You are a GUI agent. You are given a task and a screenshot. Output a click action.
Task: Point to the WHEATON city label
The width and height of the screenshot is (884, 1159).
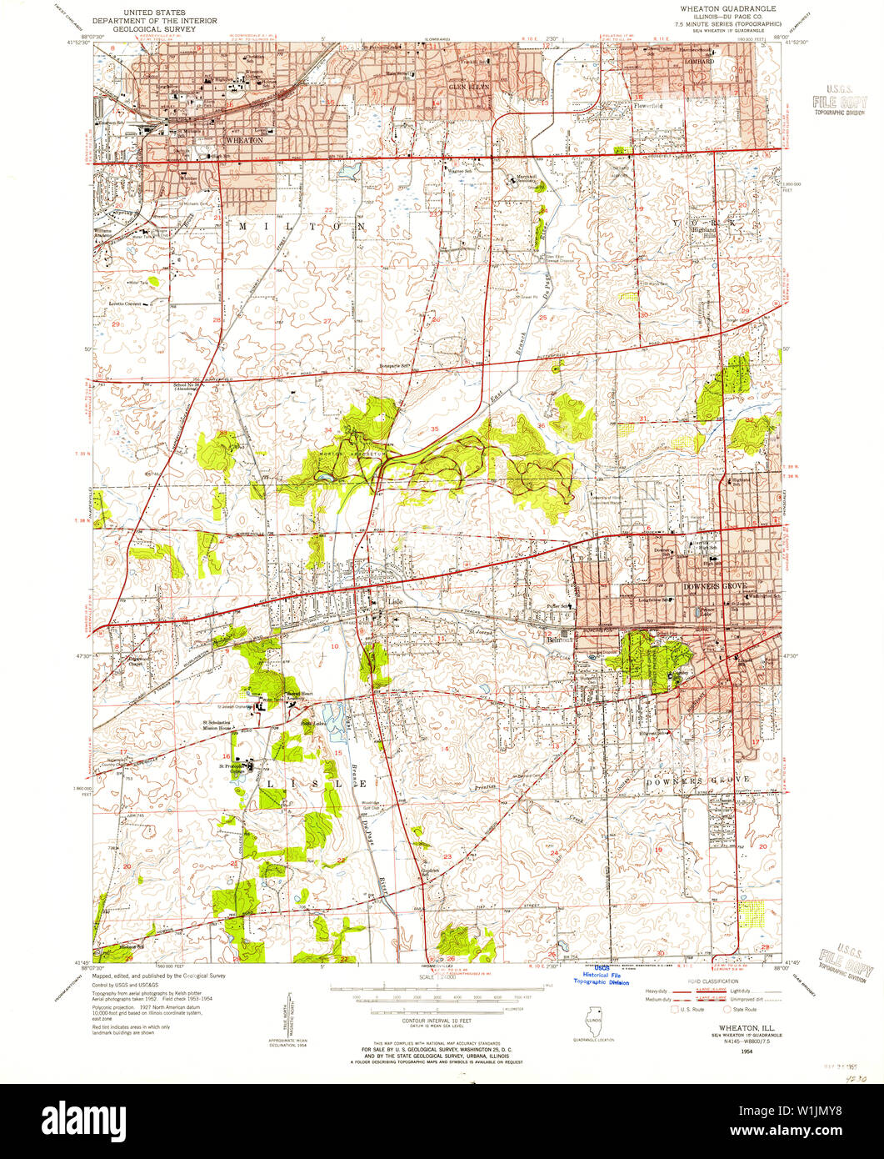tap(247, 140)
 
